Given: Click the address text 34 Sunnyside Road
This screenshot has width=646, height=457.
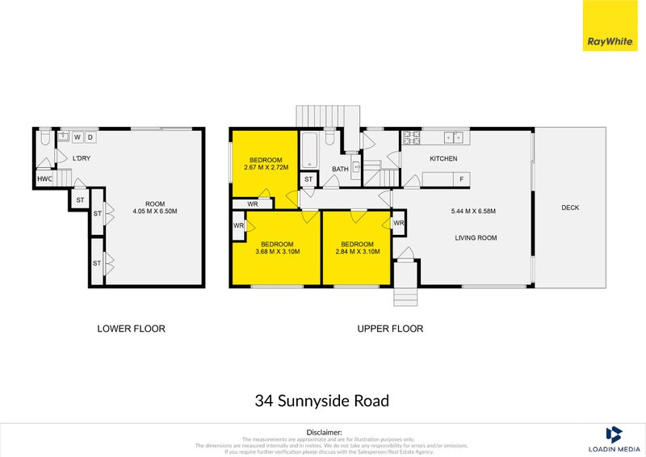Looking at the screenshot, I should (323, 400).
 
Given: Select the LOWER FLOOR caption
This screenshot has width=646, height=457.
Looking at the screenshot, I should (131, 329).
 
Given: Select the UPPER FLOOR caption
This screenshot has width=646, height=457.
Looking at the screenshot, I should (391, 329).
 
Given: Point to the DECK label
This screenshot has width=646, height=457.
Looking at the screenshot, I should (570, 208).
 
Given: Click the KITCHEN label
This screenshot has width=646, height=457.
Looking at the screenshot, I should (443, 158).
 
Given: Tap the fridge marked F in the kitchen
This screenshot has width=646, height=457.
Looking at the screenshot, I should (461, 178).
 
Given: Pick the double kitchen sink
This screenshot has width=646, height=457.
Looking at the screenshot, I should (455, 135).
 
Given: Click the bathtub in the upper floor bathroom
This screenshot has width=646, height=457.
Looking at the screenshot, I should (310, 151).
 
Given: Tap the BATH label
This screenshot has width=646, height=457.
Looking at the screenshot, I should (340, 170).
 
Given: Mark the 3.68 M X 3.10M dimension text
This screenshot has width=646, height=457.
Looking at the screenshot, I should (277, 252).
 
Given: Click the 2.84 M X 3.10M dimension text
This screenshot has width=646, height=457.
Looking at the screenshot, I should (357, 252).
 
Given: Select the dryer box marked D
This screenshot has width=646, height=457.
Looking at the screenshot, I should (90, 137).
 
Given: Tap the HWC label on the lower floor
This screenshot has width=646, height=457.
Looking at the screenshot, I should (44, 179).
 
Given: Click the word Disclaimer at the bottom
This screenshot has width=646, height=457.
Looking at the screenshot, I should (323, 433).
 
